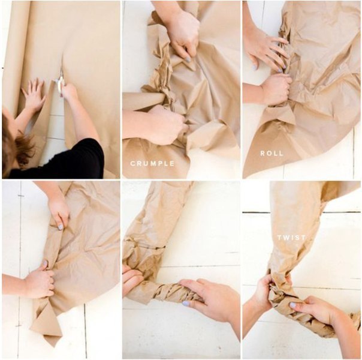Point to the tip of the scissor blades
click(x=62, y=67)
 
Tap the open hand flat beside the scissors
click(x=34, y=95)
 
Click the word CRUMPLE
click(x=152, y=164)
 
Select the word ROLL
click(x=271, y=154)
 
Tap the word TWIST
click(x=291, y=238)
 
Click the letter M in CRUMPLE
click(x=153, y=164)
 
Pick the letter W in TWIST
click(x=286, y=238)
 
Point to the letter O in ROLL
click(x=269, y=154)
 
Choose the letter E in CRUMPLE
click(x=172, y=164)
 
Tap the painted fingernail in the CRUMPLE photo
click(x=188, y=59)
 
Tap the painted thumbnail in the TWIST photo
click(x=292, y=305)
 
